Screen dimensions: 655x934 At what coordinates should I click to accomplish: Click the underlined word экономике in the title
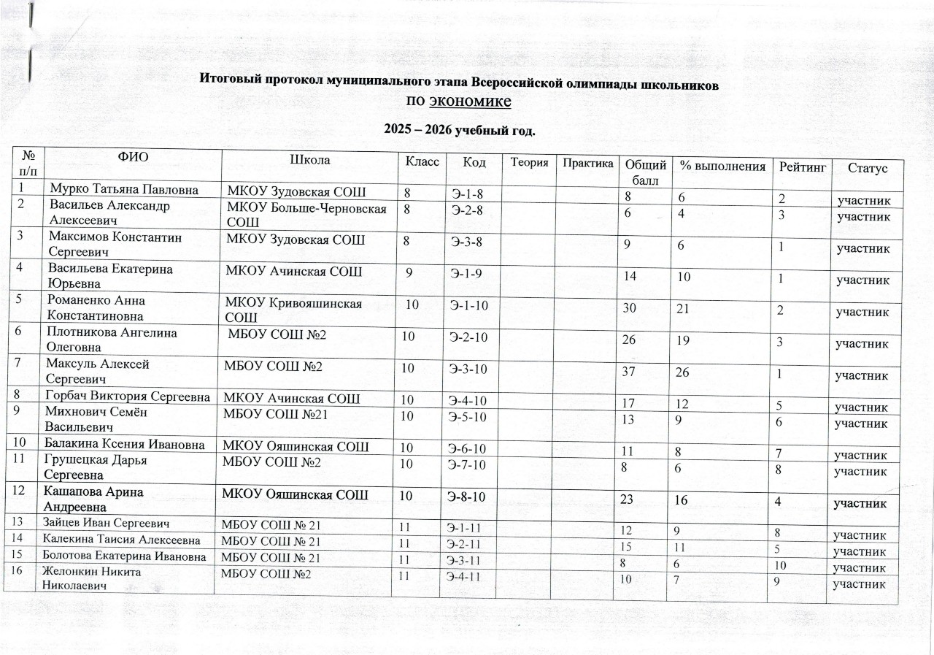tap(469, 101)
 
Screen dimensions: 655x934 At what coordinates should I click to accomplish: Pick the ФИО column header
tap(131, 156)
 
